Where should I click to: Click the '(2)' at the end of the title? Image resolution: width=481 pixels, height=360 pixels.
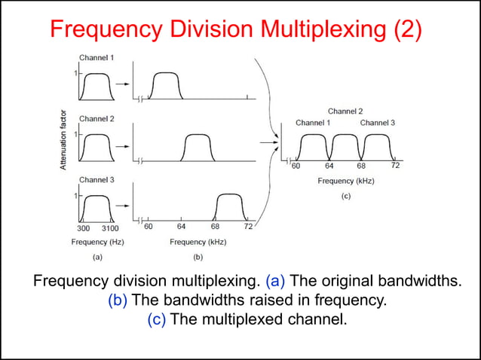[403, 29]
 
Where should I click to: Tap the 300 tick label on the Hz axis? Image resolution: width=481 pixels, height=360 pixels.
[84, 227]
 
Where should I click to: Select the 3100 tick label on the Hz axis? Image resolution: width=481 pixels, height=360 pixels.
[109, 227]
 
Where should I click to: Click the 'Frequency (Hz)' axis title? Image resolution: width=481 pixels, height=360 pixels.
[97, 242]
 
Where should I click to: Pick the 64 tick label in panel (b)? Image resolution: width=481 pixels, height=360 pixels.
[181, 227]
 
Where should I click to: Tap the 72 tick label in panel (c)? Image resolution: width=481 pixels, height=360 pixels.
[395, 166]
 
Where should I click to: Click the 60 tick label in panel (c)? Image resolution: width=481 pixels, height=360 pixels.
[296, 166]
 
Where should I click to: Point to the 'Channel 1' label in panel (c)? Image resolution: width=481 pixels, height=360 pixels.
[312, 122]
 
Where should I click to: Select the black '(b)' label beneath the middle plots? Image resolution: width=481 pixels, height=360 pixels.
[198, 257]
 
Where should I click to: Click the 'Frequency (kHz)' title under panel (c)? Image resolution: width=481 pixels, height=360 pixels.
[346, 181]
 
